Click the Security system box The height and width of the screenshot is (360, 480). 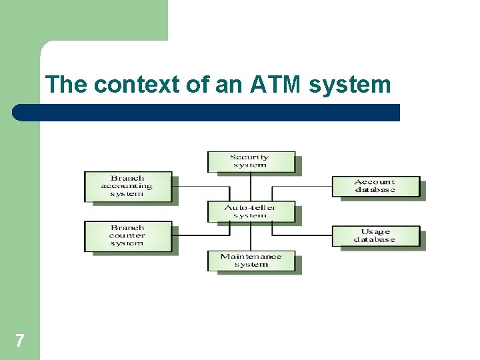tap(250, 161)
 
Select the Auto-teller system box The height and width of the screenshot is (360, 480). tap(250, 211)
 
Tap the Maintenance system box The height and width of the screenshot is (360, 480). tap(251, 260)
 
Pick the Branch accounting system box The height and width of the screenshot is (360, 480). tap(127, 186)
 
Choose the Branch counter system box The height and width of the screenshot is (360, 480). tap(127, 235)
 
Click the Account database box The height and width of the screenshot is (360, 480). tap(375, 186)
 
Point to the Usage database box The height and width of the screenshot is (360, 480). tap(375, 235)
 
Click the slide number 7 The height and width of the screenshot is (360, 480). tap(19, 341)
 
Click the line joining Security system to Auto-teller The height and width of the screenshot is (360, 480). tap(250, 186)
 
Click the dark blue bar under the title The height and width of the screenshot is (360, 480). tap(207, 113)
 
